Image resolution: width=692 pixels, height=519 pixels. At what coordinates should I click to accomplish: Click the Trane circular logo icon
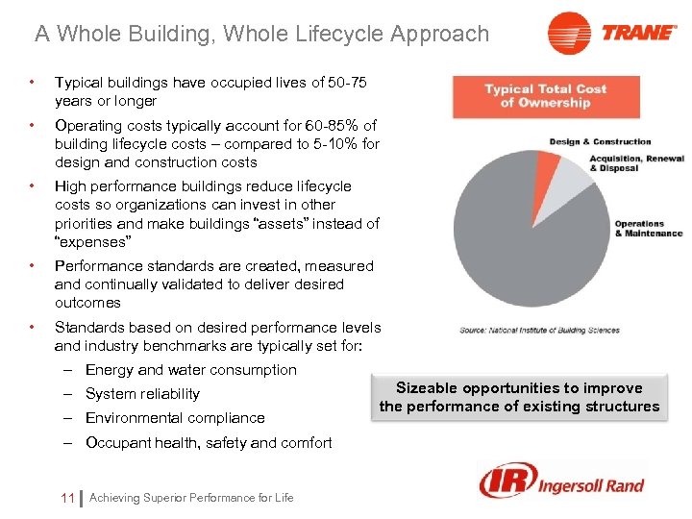pyautogui.click(x=569, y=34)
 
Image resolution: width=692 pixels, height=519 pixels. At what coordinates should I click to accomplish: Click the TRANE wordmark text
pyautogui.click(x=638, y=33)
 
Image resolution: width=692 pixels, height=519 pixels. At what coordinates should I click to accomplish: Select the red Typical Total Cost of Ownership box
pyautogui.click(x=545, y=96)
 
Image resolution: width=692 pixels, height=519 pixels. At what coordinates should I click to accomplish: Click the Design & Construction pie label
pyautogui.click(x=600, y=141)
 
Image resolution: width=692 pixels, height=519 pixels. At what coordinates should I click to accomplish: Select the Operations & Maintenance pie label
pyautogui.click(x=648, y=229)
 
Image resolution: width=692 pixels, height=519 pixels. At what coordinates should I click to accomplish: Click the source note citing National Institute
pyautogui.click(x=539, y=330)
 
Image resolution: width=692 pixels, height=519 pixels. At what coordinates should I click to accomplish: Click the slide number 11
pyautogui.click(x=66, y=498)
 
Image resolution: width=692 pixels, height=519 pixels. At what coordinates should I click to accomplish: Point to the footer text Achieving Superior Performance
pyautogui.click(x=191, y=498)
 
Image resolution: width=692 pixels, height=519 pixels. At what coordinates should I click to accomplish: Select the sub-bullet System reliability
pyautogui.click(x=142, y=394)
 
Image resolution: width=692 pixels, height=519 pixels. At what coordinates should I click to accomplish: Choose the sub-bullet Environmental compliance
pyautogui.click(x=175, y=418)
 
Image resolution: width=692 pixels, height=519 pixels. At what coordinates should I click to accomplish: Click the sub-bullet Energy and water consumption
pyautogui.click(x=190, y=370)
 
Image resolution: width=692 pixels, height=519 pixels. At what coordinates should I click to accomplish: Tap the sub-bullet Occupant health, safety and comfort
pyautogui.click(x=209, y=443)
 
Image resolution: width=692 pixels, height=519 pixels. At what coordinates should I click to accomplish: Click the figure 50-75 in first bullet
pyautogui.click(x=347, y=83)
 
